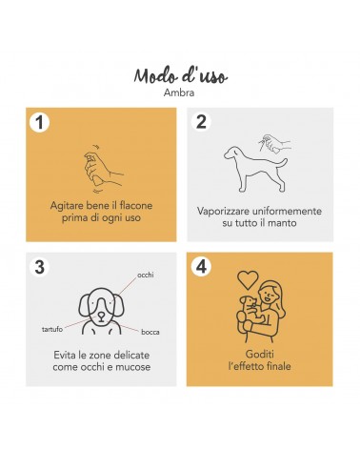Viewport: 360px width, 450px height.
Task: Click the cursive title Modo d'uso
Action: click(180, 76)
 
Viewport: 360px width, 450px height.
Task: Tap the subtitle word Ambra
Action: click(179, 92)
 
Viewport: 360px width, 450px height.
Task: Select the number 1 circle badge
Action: click(39, 122)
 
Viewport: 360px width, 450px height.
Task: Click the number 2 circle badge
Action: click(201, 121)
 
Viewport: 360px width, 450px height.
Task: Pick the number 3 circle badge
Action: click(39, 267)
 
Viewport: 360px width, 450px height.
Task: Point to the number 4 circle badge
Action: click(201, 266)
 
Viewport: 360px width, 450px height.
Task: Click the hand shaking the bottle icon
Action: click(103, 169)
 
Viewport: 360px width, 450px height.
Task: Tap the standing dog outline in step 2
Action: click(255, 169)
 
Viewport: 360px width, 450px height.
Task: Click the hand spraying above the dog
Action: click(274, 144)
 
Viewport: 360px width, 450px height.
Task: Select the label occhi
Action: click(146, 275)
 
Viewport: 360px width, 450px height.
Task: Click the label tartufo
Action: click(52, 329)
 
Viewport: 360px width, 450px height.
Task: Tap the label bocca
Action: click(150, 333)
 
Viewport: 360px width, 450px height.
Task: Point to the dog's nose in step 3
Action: click(101, 315)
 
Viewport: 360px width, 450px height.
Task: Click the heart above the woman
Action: click(248, 279)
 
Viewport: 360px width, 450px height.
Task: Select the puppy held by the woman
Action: click(250, 313)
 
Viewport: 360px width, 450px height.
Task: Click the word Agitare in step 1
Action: click(64, 206)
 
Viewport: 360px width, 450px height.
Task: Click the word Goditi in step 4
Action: click(260, 354)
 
